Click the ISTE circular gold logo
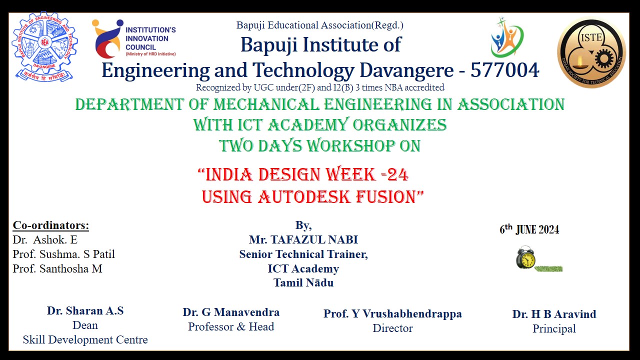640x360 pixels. (x=591, y=52)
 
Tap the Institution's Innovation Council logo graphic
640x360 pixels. (x=107, y=39)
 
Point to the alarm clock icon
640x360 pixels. (x=525, y=257)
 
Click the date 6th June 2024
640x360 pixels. (x=529, y=229)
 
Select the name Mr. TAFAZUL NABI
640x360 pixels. (x=303, y=239)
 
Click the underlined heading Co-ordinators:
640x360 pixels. (x=51, y=225)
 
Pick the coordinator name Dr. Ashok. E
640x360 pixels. (x=45, y=239)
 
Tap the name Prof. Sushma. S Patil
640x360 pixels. (x=63, y=254)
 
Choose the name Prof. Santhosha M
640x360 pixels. (x=57, y=268)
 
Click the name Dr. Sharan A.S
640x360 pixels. (x=85, y=311)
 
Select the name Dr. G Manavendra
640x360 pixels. (x=231, y=312)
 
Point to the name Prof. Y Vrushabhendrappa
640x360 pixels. (x=392, y=313)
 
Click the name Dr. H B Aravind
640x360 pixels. (x=554, y=314)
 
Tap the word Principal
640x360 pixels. (x=554, y=329)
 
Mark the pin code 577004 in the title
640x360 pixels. (x=505, y=70)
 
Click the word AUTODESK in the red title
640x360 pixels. (x=304, y=197)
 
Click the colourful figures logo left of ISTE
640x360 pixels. (x=506, y=37)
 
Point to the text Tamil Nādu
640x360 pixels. (x=303, y=283)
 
